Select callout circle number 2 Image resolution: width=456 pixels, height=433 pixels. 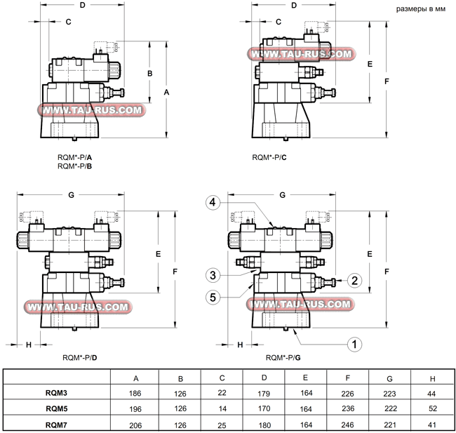point(355,281)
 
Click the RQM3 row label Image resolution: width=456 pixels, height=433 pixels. point(57,394)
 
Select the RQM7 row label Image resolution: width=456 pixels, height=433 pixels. point(57,424)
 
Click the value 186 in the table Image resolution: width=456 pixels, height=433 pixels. point(135,394)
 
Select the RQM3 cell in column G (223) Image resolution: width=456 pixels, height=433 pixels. point(388,394)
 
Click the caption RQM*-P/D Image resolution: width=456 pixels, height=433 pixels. point(80,358)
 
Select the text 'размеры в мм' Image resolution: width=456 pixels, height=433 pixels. point(421,10)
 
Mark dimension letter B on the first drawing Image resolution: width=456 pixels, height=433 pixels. point(149,73)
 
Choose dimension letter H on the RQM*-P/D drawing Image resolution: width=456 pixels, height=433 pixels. point(29,345)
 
